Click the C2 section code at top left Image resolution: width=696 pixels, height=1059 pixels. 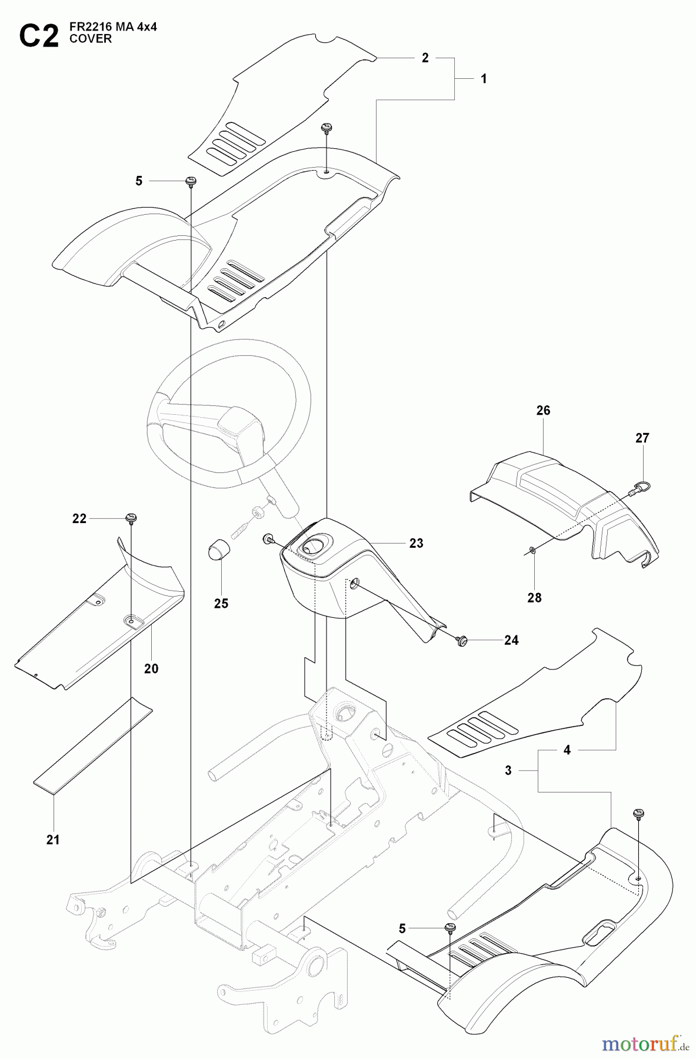tap(39, 36)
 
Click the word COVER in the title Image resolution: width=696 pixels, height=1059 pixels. tap(90, 39)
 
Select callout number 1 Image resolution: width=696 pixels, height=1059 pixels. tap(484, 79)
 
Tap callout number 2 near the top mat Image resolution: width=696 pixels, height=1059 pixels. tap(425, 58)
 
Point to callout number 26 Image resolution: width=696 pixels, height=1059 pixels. tap(543, 410)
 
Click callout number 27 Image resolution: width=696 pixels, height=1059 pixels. tap(642, 438)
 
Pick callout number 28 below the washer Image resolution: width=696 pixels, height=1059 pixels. tap(534, 598)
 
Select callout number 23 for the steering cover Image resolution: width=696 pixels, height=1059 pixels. tap(416, 543)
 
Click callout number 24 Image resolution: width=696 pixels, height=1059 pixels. tap(511, 640)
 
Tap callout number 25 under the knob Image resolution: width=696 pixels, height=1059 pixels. tap(221, 604)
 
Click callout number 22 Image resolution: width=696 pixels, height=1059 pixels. tap(79, 518)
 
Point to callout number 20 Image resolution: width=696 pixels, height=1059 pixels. tap(151, 669)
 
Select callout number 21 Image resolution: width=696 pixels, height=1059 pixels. tap(53, 840)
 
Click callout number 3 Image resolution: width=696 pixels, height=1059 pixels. tap(508, 770)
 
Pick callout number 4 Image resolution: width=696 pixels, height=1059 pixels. tap(567, 750)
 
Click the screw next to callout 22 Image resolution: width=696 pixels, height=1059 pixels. tap(131, 518)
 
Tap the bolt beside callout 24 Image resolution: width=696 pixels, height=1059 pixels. tap(462, 640)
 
